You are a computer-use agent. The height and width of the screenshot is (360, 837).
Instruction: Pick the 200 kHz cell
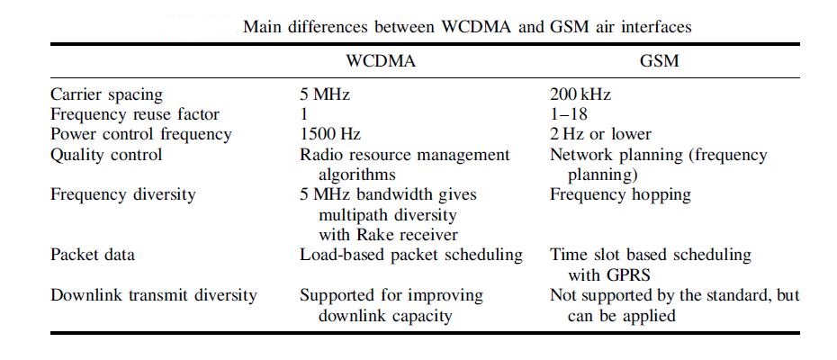click(581, 94)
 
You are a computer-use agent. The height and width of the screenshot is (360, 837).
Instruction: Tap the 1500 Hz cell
click(330, 134)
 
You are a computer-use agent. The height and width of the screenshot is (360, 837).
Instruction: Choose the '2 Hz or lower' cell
click(600, 134)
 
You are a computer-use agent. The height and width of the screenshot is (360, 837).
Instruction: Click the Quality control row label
click(107, 155)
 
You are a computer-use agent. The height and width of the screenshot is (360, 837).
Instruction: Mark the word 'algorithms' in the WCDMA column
click(357, 175)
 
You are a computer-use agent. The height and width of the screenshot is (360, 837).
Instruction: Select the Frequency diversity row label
click(121, 194)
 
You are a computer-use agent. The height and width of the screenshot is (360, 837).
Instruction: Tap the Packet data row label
click(93, 255)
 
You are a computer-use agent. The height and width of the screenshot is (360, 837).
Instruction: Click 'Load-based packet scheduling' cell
click(410, 255)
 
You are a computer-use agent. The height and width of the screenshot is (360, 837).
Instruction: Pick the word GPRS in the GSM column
click(621, 274)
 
